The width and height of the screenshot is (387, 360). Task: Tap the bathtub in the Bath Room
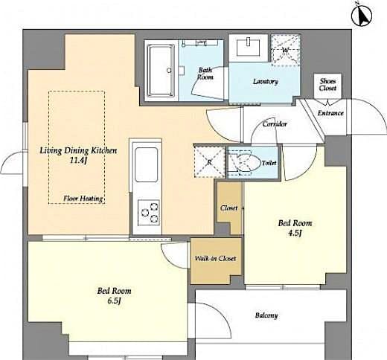point(159,71)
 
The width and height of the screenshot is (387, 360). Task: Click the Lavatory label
point(265,81)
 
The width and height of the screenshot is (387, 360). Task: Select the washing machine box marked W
point(285,51)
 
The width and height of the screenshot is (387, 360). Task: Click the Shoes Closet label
point(327,84)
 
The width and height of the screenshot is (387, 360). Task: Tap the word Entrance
point(330,113)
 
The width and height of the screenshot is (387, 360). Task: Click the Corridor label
point(275,124)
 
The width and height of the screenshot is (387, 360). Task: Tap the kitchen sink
point(145,161)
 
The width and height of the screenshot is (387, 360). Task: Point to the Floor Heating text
point(83,199)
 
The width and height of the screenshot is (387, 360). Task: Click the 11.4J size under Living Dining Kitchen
point(79,160)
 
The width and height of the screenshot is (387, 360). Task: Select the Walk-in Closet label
point(215,259)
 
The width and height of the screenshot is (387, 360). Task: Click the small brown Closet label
point(228,208)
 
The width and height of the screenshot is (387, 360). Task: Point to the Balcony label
point(266,315)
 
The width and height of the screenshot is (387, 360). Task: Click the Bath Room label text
point(205,74)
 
